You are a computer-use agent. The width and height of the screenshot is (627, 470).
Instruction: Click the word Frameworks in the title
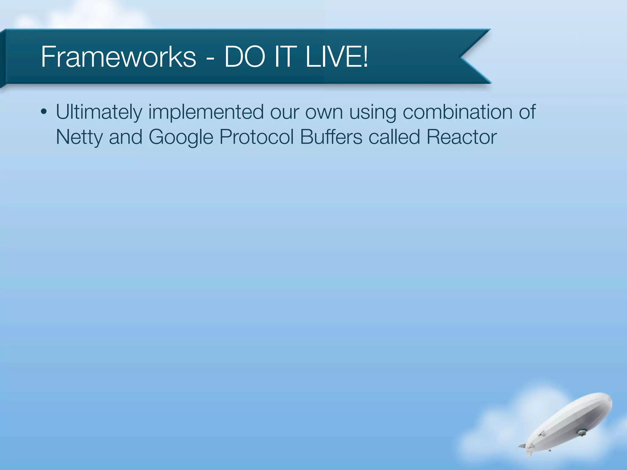tap(118, 57)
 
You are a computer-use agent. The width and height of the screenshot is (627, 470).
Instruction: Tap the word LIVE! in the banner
tap(337, 57)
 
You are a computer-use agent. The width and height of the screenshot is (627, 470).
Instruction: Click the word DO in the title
tap(244, 57)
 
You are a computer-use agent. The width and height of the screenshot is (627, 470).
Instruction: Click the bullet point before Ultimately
tap(44, 112)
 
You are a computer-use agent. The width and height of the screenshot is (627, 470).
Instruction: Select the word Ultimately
tap(99, 112)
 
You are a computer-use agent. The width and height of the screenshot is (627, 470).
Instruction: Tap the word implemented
tap(206, 112)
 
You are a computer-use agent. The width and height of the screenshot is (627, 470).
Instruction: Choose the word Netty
tap(79, 137)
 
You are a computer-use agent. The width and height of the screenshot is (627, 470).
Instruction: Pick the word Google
tap(181, 137)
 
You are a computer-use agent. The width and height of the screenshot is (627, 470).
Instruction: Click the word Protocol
tap(257, 137)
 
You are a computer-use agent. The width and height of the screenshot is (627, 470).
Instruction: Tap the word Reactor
tap(461, 137)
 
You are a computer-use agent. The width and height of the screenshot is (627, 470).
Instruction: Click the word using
tap(373, 112)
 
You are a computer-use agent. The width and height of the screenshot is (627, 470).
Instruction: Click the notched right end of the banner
tap(468, 57)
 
